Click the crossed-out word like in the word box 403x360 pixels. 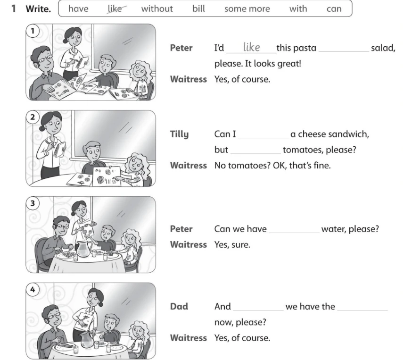point(115,9)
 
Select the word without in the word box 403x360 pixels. point(157,9)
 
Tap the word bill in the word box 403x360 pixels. point(199,9)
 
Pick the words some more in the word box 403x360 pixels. point(247,9)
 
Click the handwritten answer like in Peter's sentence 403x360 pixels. point(251,47)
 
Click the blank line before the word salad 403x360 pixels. point(344,52)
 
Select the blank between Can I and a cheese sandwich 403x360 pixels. point(263,138)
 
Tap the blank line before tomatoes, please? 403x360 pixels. point(256,154)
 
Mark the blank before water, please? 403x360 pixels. point(294,233)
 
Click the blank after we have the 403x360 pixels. point(362,310)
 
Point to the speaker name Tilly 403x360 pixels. point(180,134)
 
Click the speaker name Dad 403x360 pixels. point(179,307)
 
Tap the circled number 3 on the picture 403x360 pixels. point(33,203)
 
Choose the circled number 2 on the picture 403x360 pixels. point(33,117)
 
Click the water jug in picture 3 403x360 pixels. point(84,249)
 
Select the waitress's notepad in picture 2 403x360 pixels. point(60,150)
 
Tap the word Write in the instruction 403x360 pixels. point(38,9)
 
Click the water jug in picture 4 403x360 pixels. point(87,339)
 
